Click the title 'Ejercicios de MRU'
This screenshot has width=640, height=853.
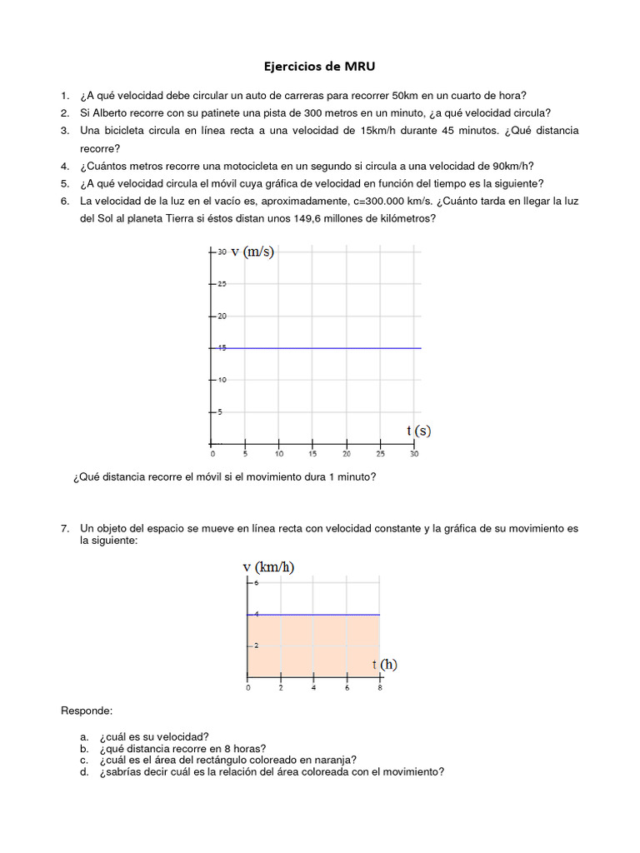pyautogui.click(x=319, y=66)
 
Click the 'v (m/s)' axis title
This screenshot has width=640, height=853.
pyautogui.click(x=252, y=252)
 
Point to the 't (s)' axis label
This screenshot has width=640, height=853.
pyautogui.click(x=418, y=431)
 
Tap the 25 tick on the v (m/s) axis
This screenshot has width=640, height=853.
pyautogui.click(x=222, y=284)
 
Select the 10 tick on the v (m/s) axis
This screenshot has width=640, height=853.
pyautogui.click(x=222, y=380)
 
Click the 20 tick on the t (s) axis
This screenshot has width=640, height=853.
pyautogui.click(x=346, y=454)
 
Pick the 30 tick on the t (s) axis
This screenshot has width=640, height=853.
pyautogui.click(x=414, y=454)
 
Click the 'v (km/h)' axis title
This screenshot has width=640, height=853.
pyautogui.click(x=268, y=567)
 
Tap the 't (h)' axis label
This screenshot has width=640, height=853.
pyautogui.click(x=384, y=664)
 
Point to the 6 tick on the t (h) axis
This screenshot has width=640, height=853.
pyautogui.click(x=346, y=688)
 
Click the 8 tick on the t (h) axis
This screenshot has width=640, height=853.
pyautogui.click(x=379, y=688)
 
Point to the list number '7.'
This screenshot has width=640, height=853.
pyautogui.click(x=65, y=528)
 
